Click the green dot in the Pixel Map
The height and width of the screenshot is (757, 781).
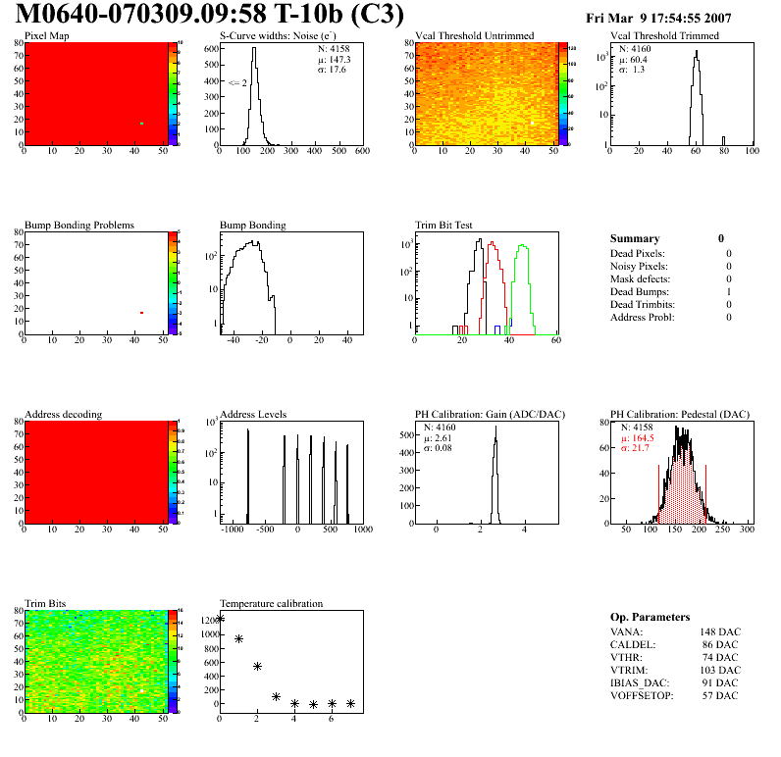(x=142, y=124)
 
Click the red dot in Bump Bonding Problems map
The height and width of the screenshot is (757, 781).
(x=142, y=313)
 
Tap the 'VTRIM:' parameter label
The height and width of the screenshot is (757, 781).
(x=627, y=670)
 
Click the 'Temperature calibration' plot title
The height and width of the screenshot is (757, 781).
(x=271, y=603)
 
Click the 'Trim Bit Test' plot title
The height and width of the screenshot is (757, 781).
(x=444, y=225)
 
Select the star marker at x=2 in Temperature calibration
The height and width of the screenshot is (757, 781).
(x=257, y=666)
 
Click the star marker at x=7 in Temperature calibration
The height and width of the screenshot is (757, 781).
(x=350, y=703)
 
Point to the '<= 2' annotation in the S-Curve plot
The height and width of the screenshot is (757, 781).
(x=236, y=82)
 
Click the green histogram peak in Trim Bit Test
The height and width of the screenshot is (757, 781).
(x=523, y=247)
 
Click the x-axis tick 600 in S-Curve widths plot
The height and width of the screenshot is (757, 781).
(x=362, y=152)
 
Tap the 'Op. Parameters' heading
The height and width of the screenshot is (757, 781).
(x=650, y=617)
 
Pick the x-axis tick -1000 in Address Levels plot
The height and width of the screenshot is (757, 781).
(x=233, y=530)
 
